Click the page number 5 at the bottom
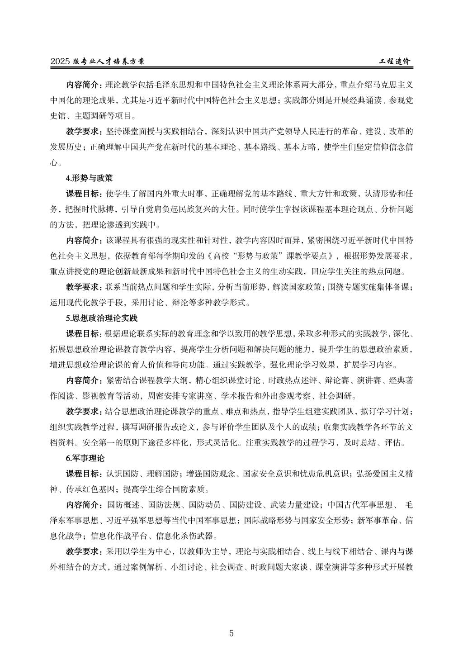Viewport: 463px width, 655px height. pyautogui.click(x=231, y=633)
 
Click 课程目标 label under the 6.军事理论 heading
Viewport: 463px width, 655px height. pyautogui.click(x=84, y=474)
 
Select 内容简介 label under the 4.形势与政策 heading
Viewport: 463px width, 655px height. pyautogui.click(x=84, y=240)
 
